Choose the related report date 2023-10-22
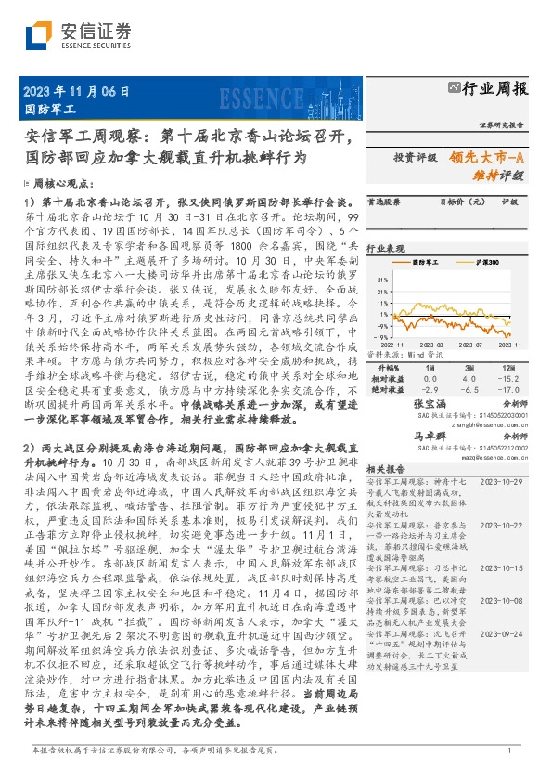[502, 525]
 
